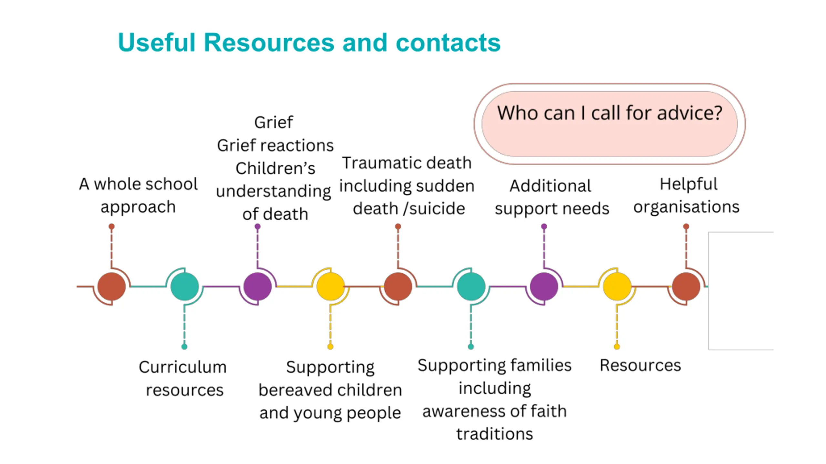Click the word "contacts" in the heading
pos(448,43)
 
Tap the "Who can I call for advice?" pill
pos(609,124)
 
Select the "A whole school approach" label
pos(138,195)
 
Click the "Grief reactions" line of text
pos(275,145)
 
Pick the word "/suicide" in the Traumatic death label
pos(434,209)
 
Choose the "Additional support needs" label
pos(552,197)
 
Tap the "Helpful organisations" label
pos(687,195)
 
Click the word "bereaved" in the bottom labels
pos(296,390)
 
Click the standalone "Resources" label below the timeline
pos(640,365)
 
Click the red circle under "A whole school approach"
pos(112,286)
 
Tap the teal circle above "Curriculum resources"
pos(185,286)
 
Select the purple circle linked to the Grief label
pos(257,286)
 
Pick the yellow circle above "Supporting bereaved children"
pos(330,286)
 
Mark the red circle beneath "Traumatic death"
pos(398,286)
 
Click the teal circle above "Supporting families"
pos(471,286)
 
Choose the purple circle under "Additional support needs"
pos(544,286)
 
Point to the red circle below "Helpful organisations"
pos(686,286)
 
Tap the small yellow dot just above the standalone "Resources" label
pos(617,347)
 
